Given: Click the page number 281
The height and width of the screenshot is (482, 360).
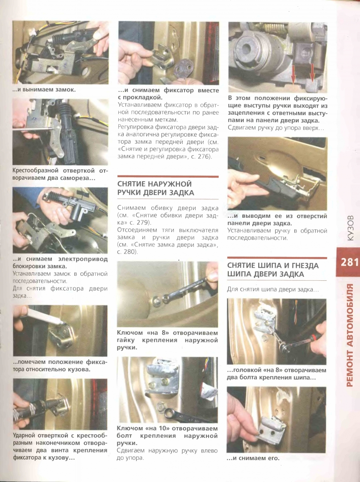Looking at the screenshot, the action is click(x=349, y=262).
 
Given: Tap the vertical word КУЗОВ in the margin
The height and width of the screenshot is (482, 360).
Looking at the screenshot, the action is click(x=351, y=228).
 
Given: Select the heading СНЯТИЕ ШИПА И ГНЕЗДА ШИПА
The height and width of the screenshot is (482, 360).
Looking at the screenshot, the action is click(x=273, y=270).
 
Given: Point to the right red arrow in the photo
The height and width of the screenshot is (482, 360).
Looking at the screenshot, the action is click(x=313, y=73).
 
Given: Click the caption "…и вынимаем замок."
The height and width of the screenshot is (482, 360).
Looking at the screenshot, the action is click(x=44, y=90).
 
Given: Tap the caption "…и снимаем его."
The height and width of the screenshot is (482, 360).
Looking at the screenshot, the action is click(x=253, y=458).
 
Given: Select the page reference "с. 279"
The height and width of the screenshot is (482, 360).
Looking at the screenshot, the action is click(x=143, y=222).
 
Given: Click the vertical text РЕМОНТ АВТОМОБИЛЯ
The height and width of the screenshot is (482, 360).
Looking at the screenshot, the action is click(x=350, y=335).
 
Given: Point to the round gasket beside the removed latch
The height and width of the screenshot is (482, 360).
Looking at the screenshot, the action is click(x=182, y=70).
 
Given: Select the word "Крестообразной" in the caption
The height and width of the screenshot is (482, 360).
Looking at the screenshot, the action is click(x=35, y=170).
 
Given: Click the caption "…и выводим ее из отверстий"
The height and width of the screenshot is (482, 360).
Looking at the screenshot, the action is click(x=277, y=216).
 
